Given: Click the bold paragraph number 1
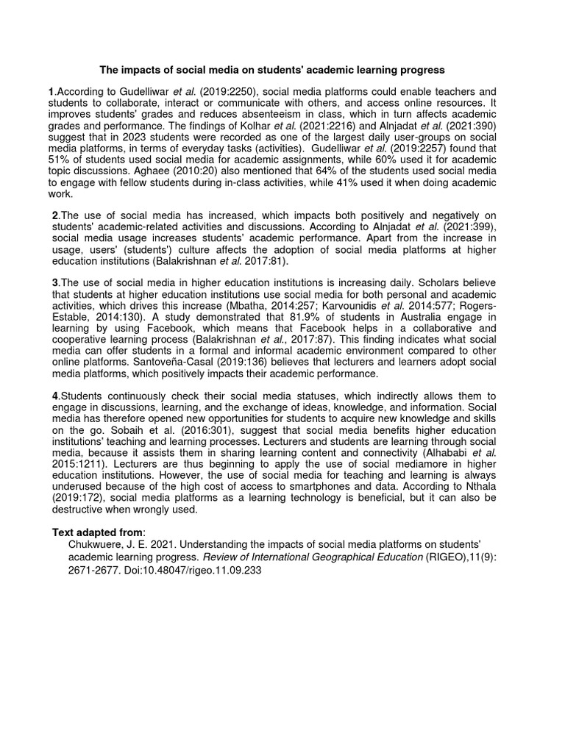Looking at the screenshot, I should (x=51, y=91).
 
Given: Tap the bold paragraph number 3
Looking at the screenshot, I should (x=54, y=283).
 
